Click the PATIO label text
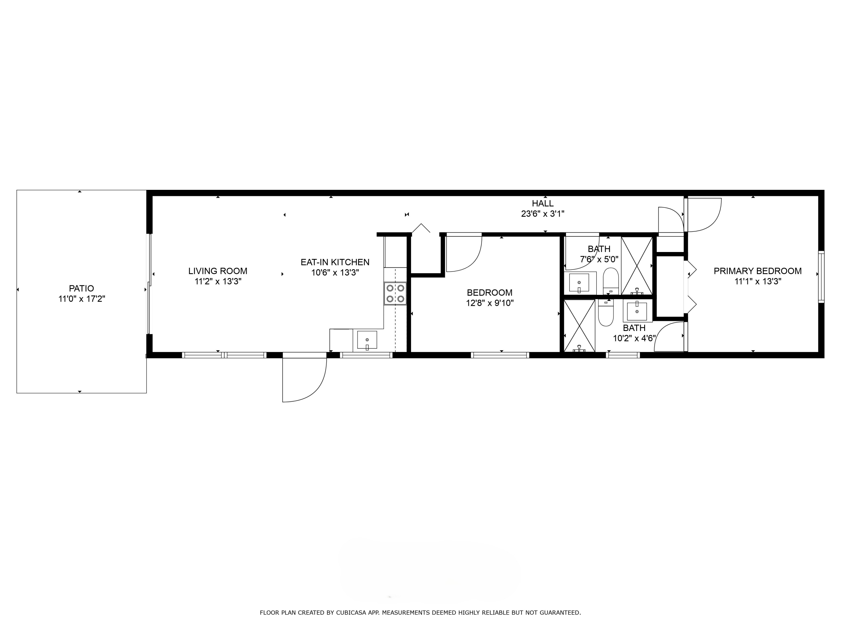(81, 288)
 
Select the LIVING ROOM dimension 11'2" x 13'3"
(218, 281)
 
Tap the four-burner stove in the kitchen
(395, 293)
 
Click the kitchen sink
(367, 340)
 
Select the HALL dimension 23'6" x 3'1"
(542, 214)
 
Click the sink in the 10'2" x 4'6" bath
(637, 311)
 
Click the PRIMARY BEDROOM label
(757, 271)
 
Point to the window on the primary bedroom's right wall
(821, 277)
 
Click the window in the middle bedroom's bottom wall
(500, 355)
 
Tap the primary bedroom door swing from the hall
(703, 214)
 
